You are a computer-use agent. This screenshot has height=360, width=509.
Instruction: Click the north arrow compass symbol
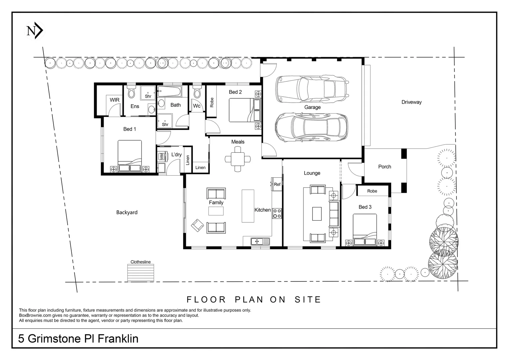35,31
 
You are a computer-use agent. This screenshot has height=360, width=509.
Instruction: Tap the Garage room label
312,107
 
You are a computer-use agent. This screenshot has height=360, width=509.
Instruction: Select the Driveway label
411,102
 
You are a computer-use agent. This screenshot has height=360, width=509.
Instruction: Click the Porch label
384,167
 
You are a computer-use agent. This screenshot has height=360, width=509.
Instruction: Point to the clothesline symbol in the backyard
141,273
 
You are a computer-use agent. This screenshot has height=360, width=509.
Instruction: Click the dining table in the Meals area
238,159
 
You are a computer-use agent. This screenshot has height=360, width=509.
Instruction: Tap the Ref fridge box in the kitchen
277,184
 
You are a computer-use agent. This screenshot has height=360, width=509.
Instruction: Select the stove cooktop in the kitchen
277,213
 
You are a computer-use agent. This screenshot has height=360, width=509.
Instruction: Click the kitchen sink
260,241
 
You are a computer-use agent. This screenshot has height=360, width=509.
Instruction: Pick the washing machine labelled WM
161,156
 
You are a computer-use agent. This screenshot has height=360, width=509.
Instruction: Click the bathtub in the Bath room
169,91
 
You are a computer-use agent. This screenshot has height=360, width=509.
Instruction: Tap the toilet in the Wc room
197,92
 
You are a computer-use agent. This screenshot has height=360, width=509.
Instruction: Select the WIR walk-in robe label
115,100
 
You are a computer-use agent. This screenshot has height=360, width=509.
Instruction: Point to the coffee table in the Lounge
317,214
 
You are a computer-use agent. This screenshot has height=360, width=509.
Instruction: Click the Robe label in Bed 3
372,191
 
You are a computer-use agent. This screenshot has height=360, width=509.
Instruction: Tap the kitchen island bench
248,206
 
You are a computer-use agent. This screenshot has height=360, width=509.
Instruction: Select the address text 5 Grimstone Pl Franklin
78,339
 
